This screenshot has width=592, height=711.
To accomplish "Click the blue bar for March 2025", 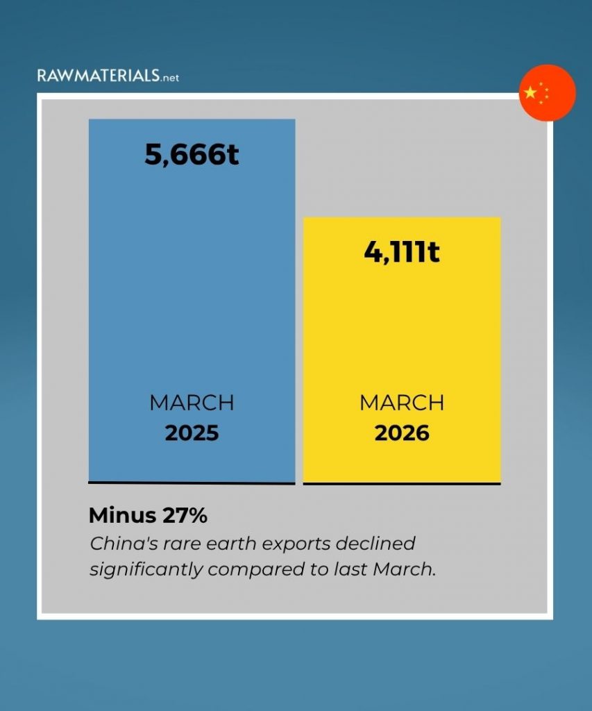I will pyautogui.click(x=192, y=292).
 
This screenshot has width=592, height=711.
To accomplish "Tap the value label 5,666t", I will pyautogui.click(x=192, y=154).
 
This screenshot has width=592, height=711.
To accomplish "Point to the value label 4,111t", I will pyautogui.click(x=402, y=252).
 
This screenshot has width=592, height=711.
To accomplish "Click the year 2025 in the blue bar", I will pyautogui.click(x=192, y=433).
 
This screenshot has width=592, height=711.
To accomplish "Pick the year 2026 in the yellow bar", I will pyautogui.click(x=402, y=433).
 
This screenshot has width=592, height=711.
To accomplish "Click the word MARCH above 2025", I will pyautogui.click(x=192, y=403).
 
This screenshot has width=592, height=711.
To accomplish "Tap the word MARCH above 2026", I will pyautogui.click(x=402, y=403).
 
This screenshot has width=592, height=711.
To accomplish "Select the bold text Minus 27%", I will pyautogui.click(x=148, y=516).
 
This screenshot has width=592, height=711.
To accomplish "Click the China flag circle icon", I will pyautogui.click(x=548, y=93).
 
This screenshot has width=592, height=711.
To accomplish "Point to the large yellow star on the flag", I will pyautogui.click(x=531, y=92).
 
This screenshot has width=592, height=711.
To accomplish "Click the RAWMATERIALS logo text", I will pyautogui.click(x=98, y=76).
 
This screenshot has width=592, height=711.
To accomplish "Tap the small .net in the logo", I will pyautogui.click(x=170, y=78).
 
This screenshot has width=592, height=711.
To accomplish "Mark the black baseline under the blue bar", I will pyautogui.click(x=192, y=482).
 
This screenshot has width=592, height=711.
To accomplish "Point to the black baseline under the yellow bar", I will pyautogui.click(x=402, y=483).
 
